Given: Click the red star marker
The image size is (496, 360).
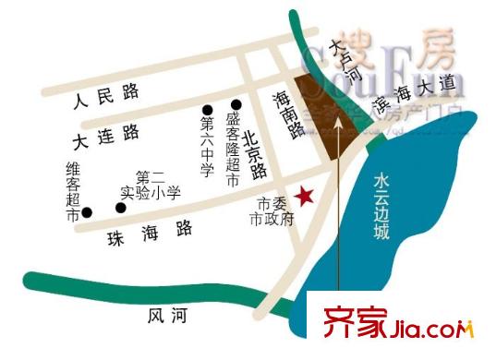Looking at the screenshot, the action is pyautogui.click(x=306, y=196).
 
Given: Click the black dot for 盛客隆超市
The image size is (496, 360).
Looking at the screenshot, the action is pyautogui.click(x=236, y=104).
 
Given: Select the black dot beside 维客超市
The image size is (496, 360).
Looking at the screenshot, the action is pyautogui.click(x=87, y=211).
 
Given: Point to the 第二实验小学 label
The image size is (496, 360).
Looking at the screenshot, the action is pyautogui.click(x=151, y=185).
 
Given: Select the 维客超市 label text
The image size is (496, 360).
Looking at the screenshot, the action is pyautogui.click(x=72, y=192).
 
